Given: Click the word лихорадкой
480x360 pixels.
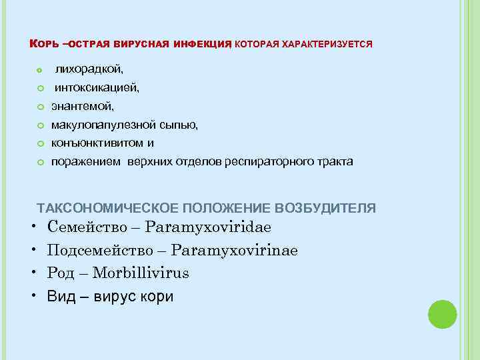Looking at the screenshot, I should [x=89, y=69].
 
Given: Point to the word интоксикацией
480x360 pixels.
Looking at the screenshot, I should [x=97, y=87].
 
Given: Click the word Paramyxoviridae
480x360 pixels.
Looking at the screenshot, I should [x=208, y=227].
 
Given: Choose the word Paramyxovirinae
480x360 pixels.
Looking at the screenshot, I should [x=234, y=250].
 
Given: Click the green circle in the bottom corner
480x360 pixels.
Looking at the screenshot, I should [x=442, y=314].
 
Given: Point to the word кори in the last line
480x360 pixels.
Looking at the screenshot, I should [x=159, y=296].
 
